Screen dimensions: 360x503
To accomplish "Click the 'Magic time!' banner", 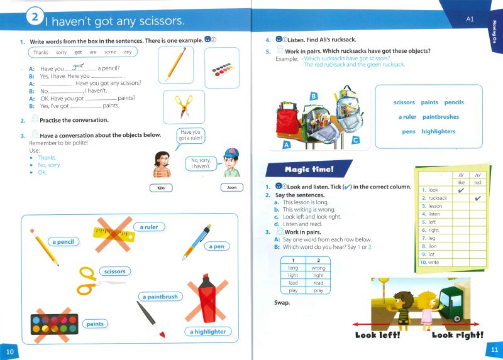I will click(x=309, y=169).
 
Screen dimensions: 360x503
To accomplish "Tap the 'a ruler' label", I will click(x=149, y=227).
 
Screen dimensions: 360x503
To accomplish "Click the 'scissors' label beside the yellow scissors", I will click(x=114, y=271).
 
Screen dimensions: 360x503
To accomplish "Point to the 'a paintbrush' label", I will click(x=160, y=297).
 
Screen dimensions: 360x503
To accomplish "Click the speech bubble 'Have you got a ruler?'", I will click(x=192, y=136).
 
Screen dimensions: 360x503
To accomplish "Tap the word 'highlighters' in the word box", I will click(x=438, y=131).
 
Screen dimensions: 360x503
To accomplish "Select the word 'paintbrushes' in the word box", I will click(x=440, y=117).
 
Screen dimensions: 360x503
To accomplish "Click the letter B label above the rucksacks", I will click(x=313, y=96).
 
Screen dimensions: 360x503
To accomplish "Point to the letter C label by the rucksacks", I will click(x=355, y=140).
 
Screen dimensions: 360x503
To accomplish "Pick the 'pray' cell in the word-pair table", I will click(x=318, y=290).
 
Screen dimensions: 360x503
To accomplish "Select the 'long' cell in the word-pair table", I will click(x=292, y=268).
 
